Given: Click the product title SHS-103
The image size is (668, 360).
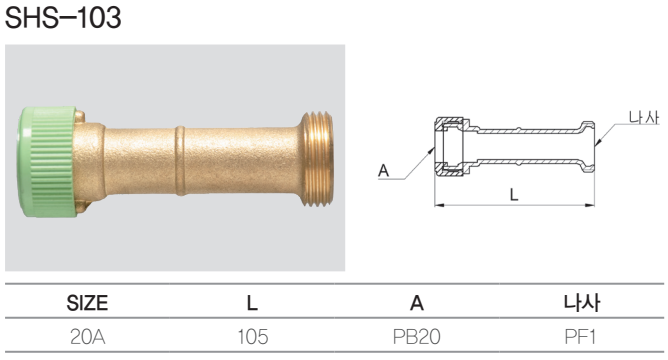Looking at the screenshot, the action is pos(63,18).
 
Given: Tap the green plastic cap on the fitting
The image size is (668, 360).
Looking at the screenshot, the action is pos(47,162).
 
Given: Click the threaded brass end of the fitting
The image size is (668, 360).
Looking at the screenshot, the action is pos(317,159).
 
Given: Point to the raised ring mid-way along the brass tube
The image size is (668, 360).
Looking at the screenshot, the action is pos(181,161).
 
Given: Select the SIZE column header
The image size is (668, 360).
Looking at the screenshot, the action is pos(87,303).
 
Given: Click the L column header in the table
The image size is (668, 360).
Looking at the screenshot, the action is pos(252,303).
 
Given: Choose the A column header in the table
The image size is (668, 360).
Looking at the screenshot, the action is pos(417,303).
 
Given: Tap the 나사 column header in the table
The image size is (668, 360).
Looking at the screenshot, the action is pos(582,302).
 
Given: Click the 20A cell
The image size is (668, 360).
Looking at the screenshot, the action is pos(87,337).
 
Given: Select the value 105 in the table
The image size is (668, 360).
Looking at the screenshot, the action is pos(253,337).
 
